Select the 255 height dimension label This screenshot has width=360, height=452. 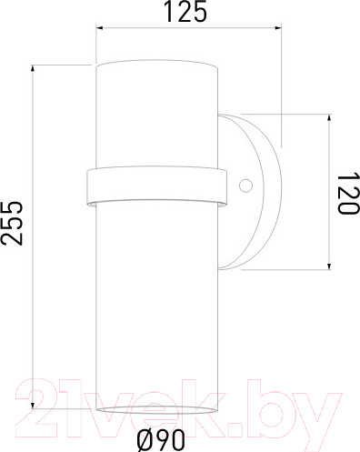[x=13, y=221]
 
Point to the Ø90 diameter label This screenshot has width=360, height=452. [x=161, y=440]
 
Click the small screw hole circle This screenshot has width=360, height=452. [x=245, y=186]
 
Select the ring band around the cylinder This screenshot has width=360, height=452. [x=155, y=186]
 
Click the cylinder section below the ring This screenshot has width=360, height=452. [x=155, y=300]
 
